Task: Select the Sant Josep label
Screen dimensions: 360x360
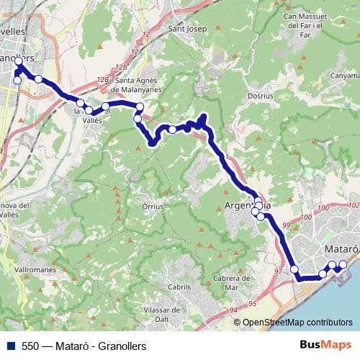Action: [x=187, y=29]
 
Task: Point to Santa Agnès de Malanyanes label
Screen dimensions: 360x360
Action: [x=142, y=86]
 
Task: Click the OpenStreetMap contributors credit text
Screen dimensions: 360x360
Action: [x=297, y=323]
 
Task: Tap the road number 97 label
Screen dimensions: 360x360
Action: [x=279, y=272]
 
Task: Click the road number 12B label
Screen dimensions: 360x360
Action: [x=103, y=78]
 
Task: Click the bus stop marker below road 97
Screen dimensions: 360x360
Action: [x=294, y=269]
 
